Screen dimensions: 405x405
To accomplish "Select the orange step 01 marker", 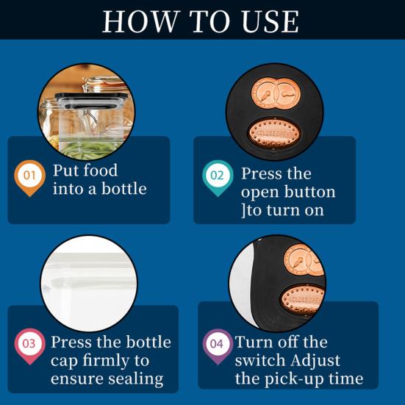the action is pyautogui.click(x=29, y=178).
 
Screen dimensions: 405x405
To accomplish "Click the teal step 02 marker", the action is pyautogui.click(x=218, y=178).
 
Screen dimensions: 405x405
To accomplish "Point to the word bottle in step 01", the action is pyautogui.click(x=123, y=189).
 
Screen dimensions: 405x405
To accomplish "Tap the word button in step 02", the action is pyautogui.click(x=309, y=192).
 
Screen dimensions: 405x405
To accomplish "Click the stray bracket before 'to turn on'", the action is pyautogui.click(x=243, y=210).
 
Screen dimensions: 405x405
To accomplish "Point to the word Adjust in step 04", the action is pyautogui.click(x=315, y=361).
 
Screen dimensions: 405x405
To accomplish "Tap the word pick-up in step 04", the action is pyautogui.click(x=295, y=380).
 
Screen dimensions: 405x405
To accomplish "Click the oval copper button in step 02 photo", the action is pyautogui.click(x=274, y=133).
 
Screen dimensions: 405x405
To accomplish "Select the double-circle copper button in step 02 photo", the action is pyautogui.click(x=276, y=93).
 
